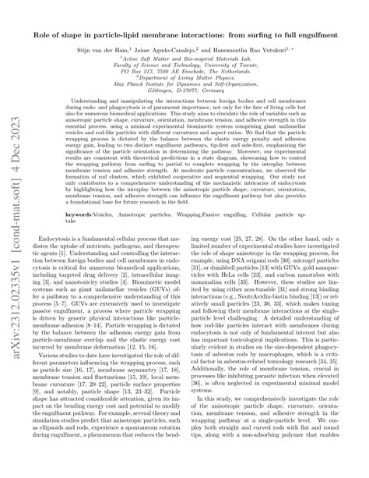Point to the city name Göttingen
(x=166, y=106)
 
